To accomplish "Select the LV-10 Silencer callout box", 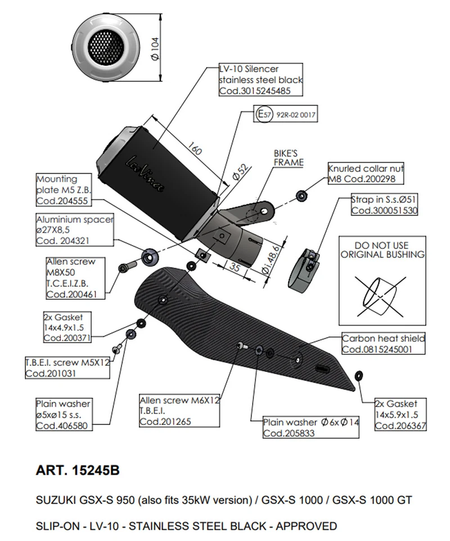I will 261,79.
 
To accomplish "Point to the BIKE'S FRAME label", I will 288,158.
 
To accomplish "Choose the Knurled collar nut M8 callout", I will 366,174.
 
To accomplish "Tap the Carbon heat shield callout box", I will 383,344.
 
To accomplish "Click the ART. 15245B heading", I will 78,470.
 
